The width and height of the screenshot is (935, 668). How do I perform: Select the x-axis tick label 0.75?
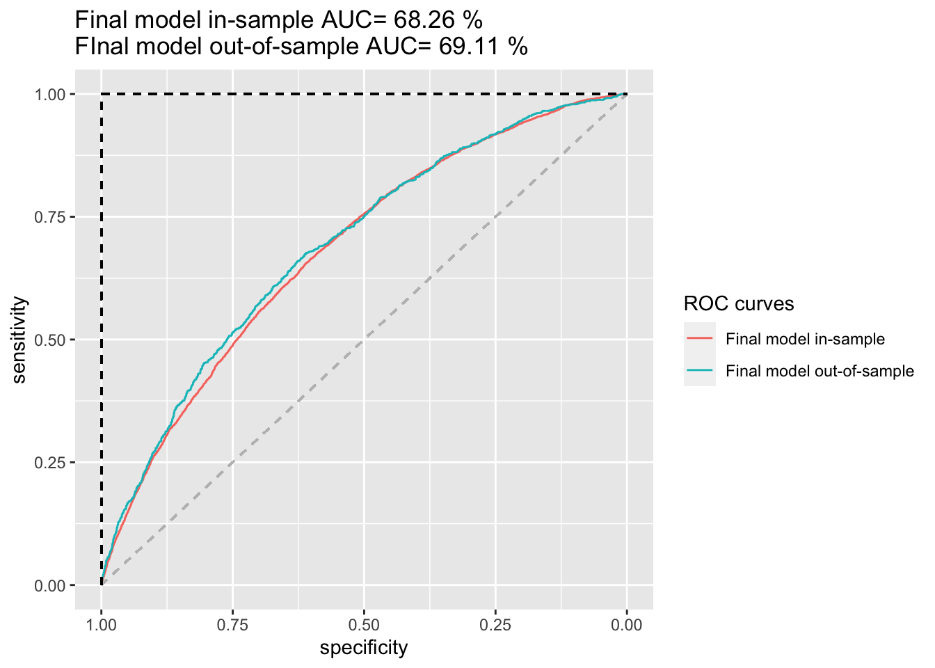[x=232, y=625]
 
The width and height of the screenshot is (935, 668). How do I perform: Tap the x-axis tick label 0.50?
[x=364, y=625]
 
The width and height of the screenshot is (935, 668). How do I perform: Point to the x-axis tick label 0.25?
[x=495, y=625]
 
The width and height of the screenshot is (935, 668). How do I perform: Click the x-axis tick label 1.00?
[x=102, y=625]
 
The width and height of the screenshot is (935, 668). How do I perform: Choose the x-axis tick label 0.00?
[x=627, y=625]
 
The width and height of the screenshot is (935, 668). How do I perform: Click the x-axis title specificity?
[x=364, y=649]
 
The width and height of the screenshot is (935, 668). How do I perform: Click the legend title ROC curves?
[x=739, y=304]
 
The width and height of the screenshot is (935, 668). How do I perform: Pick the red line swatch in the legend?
[x=700, y=339]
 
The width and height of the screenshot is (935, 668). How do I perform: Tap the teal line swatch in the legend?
[x=700, y=371]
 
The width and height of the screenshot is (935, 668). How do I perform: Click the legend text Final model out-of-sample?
[x=820, y=371]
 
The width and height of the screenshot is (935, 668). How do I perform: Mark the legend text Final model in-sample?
[x=805, y=339]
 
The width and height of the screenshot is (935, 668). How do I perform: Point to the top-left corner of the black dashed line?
[x=102, y=94]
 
